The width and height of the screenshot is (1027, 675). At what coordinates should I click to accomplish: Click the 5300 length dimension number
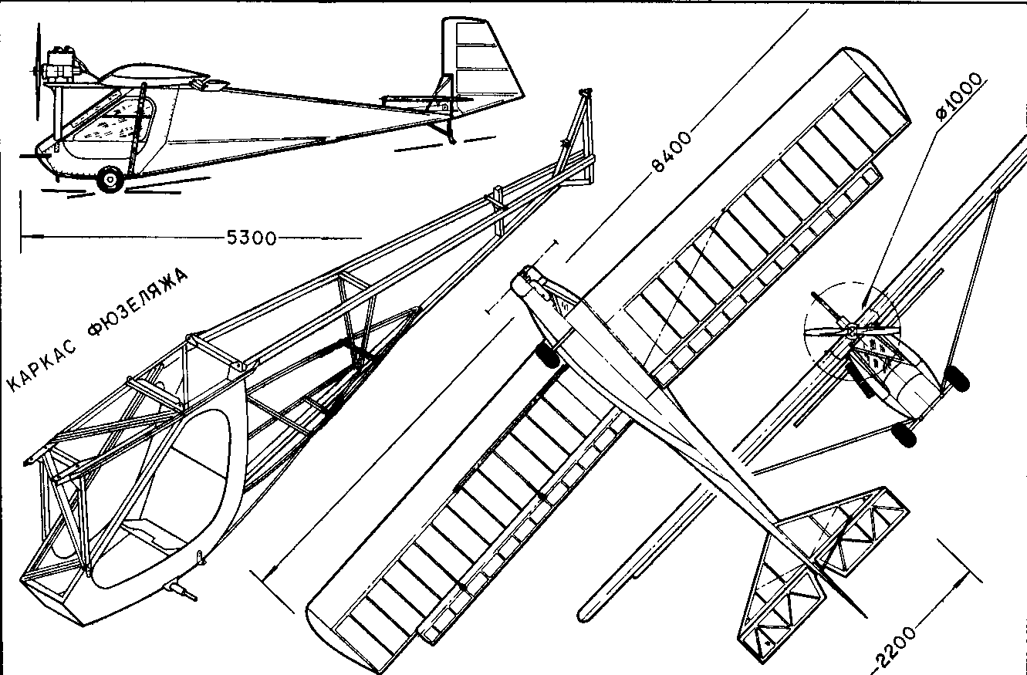tap(252, 238)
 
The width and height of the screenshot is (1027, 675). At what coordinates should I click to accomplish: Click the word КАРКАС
tap(43, 366)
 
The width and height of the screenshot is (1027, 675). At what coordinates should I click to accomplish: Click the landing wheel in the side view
tap(110, 180)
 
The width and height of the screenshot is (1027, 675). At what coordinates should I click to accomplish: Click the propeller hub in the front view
tap(851, 329)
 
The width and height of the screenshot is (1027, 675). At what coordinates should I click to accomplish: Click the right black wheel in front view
tap(956, 378)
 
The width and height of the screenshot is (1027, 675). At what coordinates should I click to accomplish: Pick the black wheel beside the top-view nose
tap(549, 355)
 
